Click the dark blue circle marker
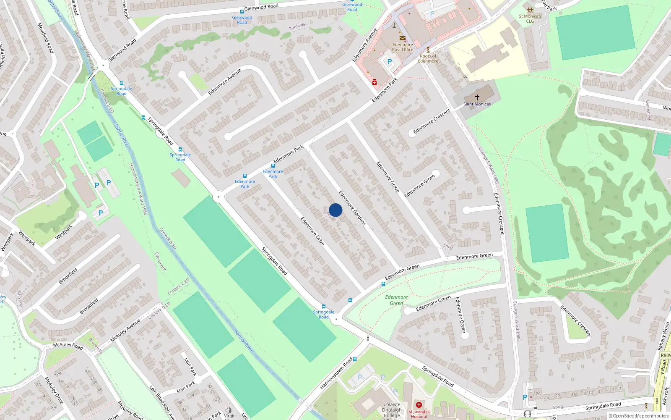tap(335, 210)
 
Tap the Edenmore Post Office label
tap(403, 47)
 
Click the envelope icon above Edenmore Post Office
tap(403, 39)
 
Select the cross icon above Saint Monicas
tap(477, 97)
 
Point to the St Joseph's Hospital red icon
tap(419, 405)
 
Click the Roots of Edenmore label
tap(428, 58)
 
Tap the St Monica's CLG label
tap(530, 18)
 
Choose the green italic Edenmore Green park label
tap(396, 300)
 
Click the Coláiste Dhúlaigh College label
tap(392, 410)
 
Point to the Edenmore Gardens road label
tap(352, 208)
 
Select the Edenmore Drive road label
tap(312, 231)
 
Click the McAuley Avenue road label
tap(125, 331)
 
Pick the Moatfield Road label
tap(46, 38)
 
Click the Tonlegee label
tap(298, 26)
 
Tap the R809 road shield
tap(666, 355)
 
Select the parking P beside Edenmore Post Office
tap(390, 62)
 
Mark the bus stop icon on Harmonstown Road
tap(355, 359)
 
